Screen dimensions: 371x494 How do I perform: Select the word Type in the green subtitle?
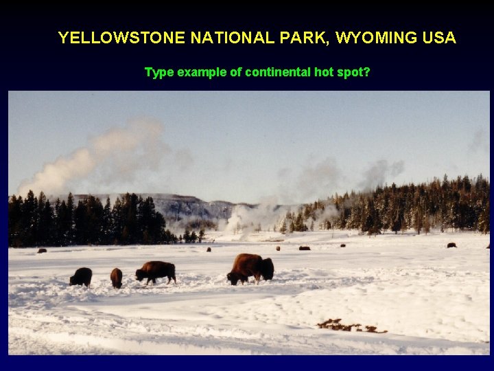tap(159, 72)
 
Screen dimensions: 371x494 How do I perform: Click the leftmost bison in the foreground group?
tap(81, 276)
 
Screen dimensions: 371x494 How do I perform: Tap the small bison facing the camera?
tap(117, 277)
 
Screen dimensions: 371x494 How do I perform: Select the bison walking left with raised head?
tap(156, 271)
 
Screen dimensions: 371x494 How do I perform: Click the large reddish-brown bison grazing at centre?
tap(250, 267)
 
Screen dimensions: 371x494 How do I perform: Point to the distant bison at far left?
tap(42, 251)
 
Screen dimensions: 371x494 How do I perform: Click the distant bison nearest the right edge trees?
tap(451, 245)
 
